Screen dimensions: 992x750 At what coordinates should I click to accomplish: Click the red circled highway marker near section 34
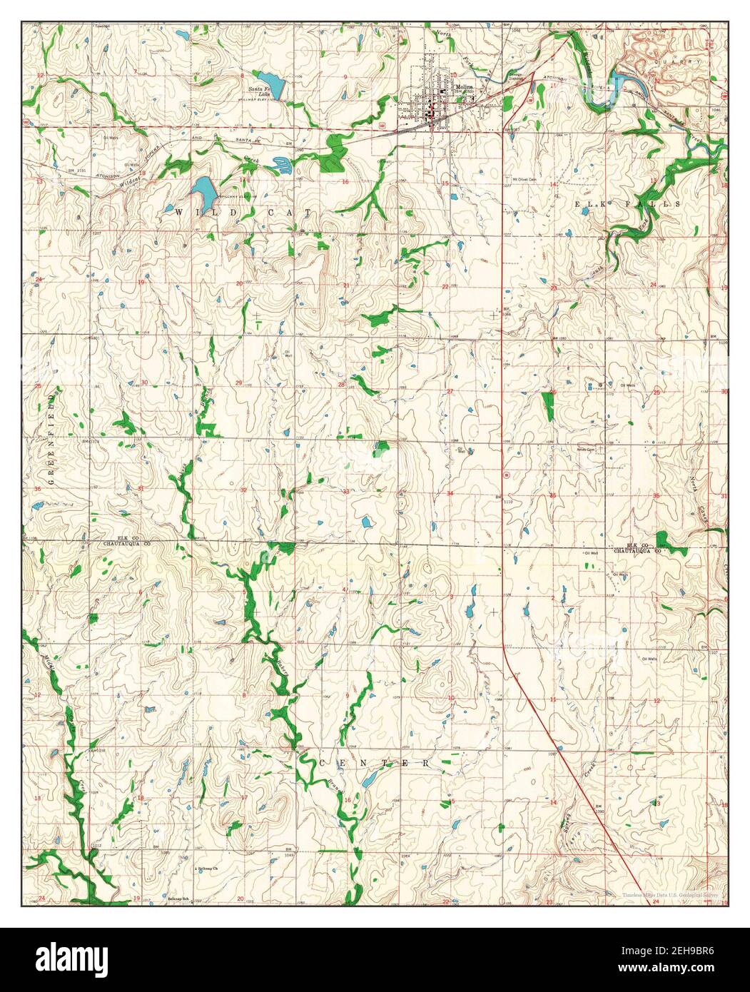[506, 474]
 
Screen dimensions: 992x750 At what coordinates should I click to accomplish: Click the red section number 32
[243, 490]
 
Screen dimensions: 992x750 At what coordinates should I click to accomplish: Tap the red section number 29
[238, 383]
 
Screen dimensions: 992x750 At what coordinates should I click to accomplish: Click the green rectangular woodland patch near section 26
[548, 405]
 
